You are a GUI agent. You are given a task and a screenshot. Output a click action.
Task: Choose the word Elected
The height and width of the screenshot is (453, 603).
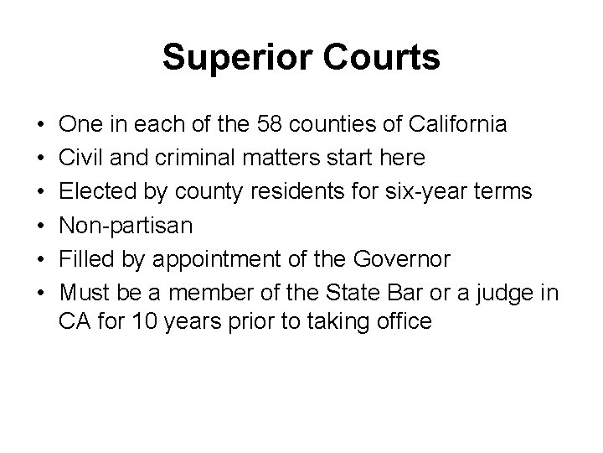[x=92, y=190]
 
